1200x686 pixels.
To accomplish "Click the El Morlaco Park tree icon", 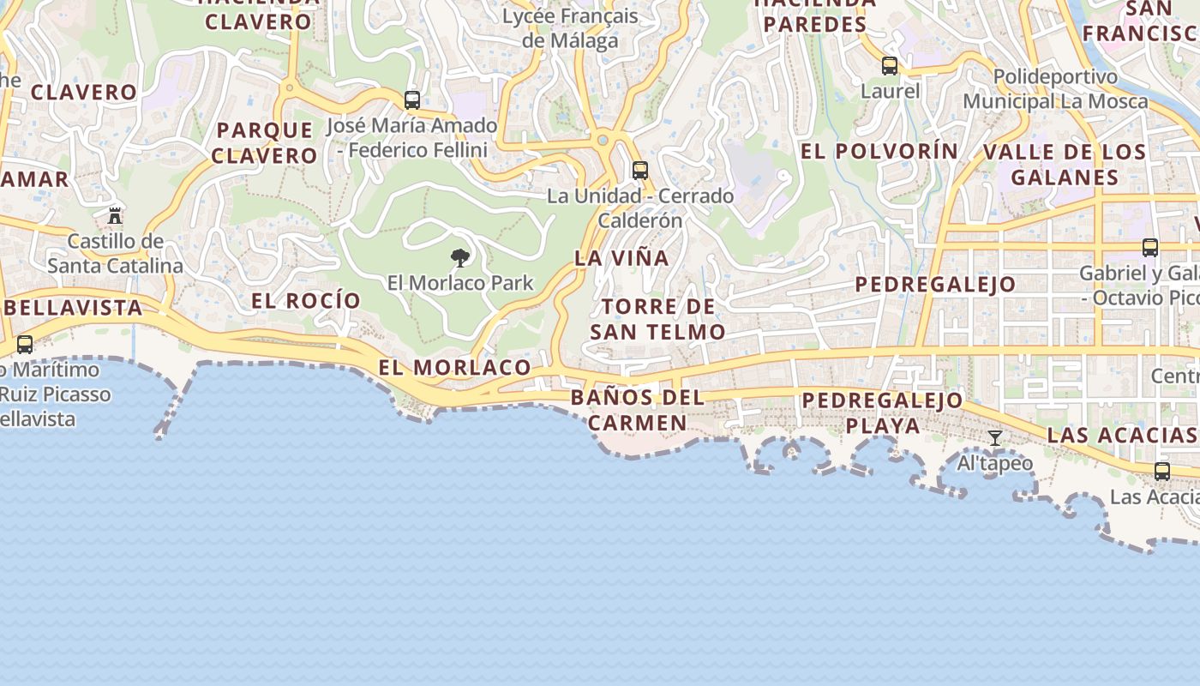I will point(460,257).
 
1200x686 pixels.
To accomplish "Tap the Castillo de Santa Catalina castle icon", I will point(115,215).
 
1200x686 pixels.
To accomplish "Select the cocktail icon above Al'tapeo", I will point(995,438).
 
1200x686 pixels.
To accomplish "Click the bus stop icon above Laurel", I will point(890,65).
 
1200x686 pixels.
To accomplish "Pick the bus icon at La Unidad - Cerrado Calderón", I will point(640,170).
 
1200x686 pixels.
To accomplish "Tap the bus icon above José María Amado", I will point(412,99).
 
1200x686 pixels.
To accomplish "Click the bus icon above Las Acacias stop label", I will point(1162,471).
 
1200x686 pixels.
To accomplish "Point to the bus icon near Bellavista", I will point(25,345).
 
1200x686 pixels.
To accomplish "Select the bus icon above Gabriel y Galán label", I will point(1150,248).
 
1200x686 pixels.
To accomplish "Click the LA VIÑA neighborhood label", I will point(621,258).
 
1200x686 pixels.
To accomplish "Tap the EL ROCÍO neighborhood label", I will point(306,301).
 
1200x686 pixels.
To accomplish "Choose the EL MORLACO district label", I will point(455,368).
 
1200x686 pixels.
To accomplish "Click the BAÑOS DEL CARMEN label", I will point(638,410).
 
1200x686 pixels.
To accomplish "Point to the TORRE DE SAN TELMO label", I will point(657,319).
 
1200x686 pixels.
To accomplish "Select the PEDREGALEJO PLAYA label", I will point(883,412).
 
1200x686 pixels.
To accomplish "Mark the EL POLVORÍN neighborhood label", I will point(879,151).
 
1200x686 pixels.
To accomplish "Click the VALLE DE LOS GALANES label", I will point(1065,165).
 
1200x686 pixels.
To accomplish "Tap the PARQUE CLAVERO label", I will point(265,142).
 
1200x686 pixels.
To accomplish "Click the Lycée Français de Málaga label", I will point(570,28).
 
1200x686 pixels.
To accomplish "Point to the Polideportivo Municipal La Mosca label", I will point(1055,89).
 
